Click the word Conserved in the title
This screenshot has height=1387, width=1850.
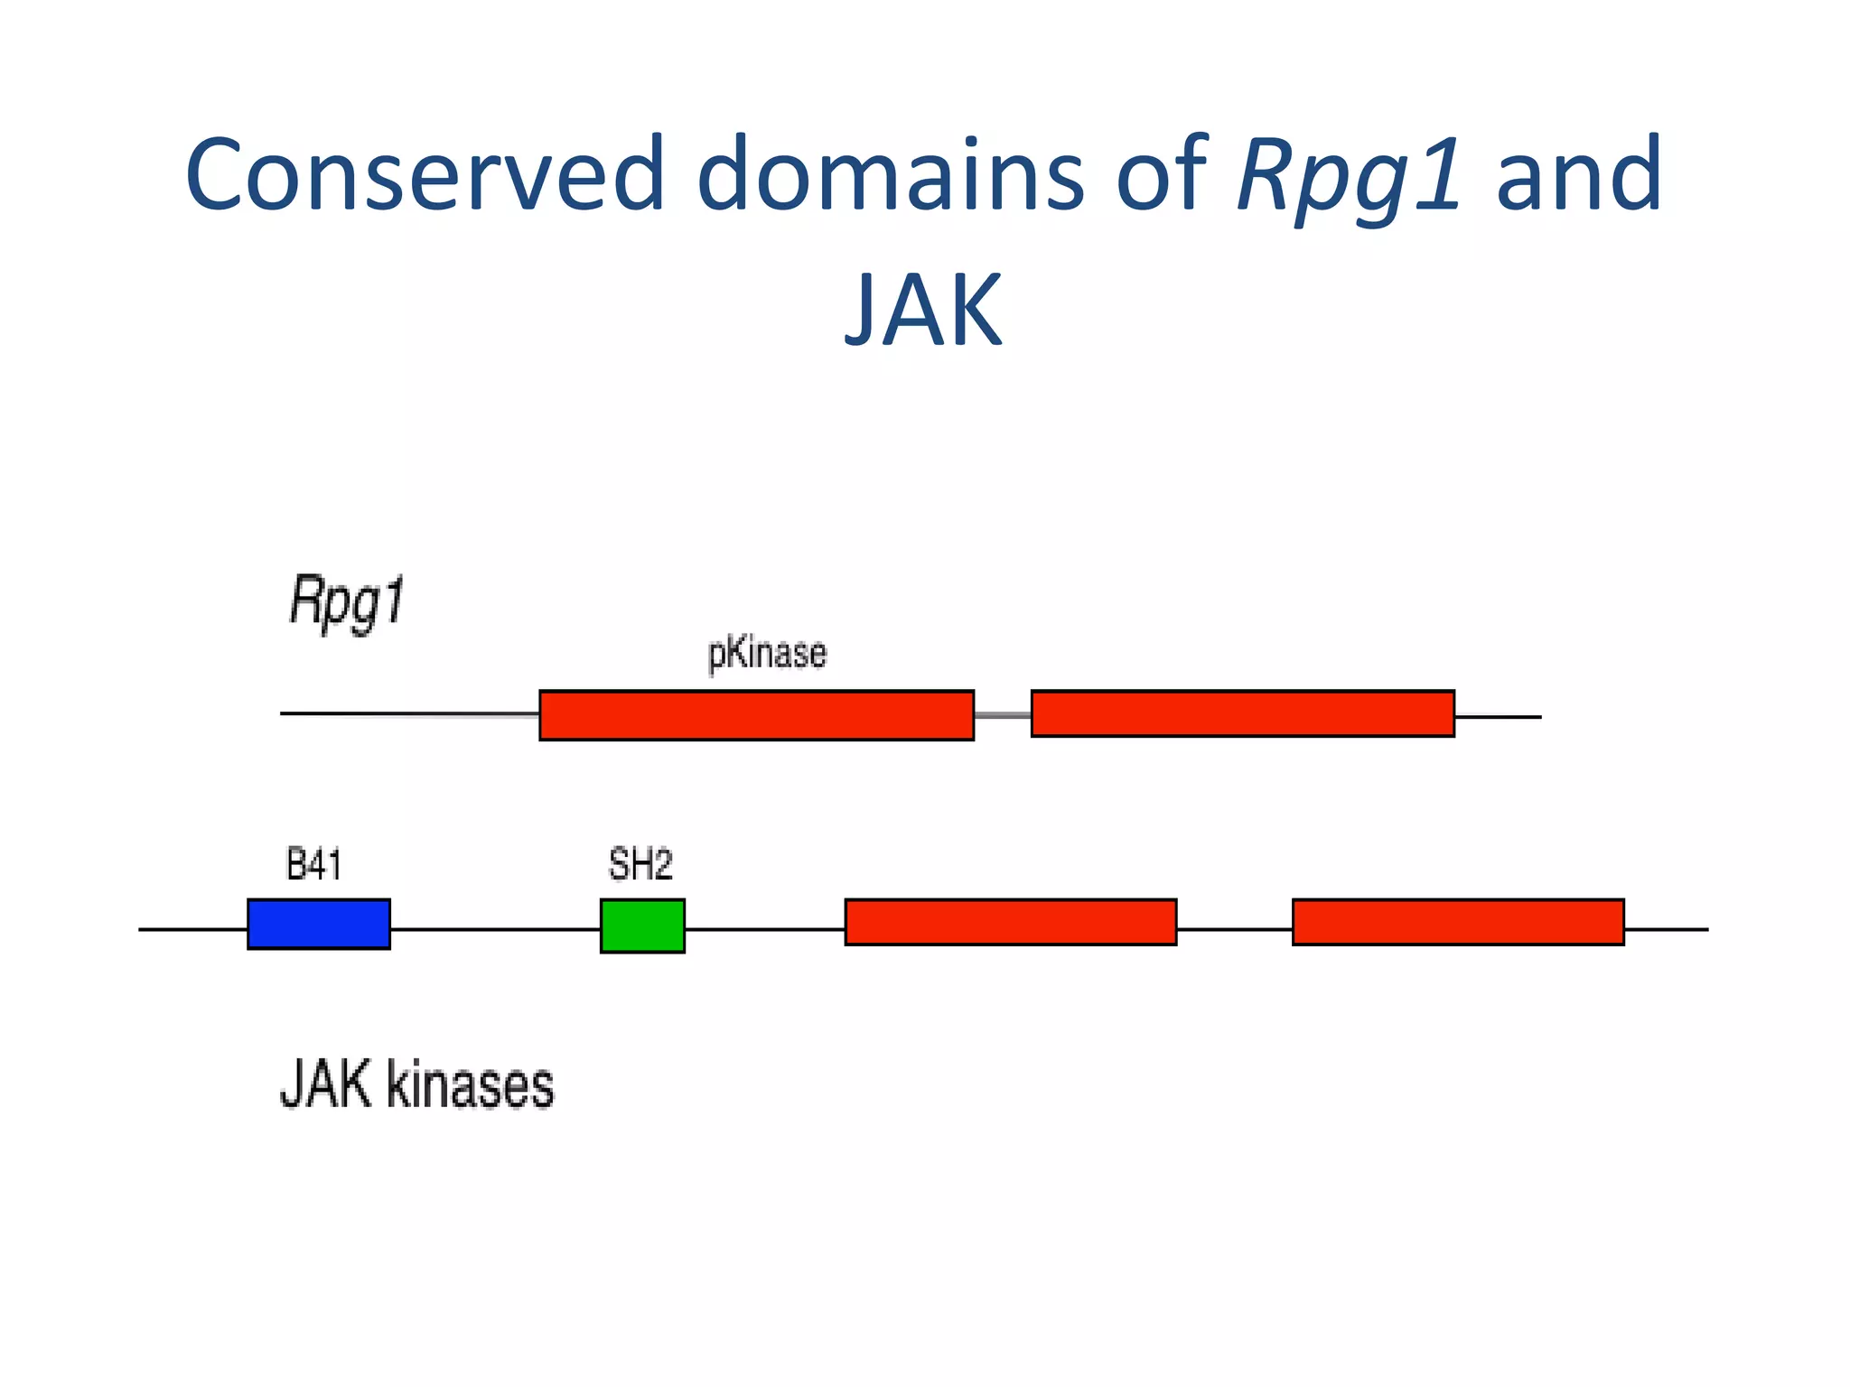click(x=425, y=173)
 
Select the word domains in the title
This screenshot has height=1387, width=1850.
click(x=890, y=173)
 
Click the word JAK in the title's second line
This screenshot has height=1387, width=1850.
click(x=923, y=310)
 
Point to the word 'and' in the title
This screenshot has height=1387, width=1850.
click(x=1578, y=173)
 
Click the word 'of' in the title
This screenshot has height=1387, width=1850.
click(x=1162, y=173)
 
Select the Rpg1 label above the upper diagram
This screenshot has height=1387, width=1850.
click(x=347, y=602)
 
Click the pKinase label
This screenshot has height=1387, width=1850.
click(x=767, y=654)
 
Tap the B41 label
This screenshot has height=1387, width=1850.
click(x=313, y=865)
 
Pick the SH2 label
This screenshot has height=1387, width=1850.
click(x=640, y=865)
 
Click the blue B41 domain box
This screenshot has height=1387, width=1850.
click(x=319, y=924)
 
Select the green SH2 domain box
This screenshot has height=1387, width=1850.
click(x=642, y=926)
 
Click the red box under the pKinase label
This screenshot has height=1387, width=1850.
click(x=756, y=715)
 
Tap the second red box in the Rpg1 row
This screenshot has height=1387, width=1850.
click(x=1242, y=713)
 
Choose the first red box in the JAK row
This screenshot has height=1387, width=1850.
click(x=1010, y=922)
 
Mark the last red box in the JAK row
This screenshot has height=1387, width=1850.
click(x=1457, y=922)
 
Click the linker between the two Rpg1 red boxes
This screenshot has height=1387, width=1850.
click(x=1003, y=715)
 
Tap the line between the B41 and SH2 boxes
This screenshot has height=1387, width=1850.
click(x=495, y=928)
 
